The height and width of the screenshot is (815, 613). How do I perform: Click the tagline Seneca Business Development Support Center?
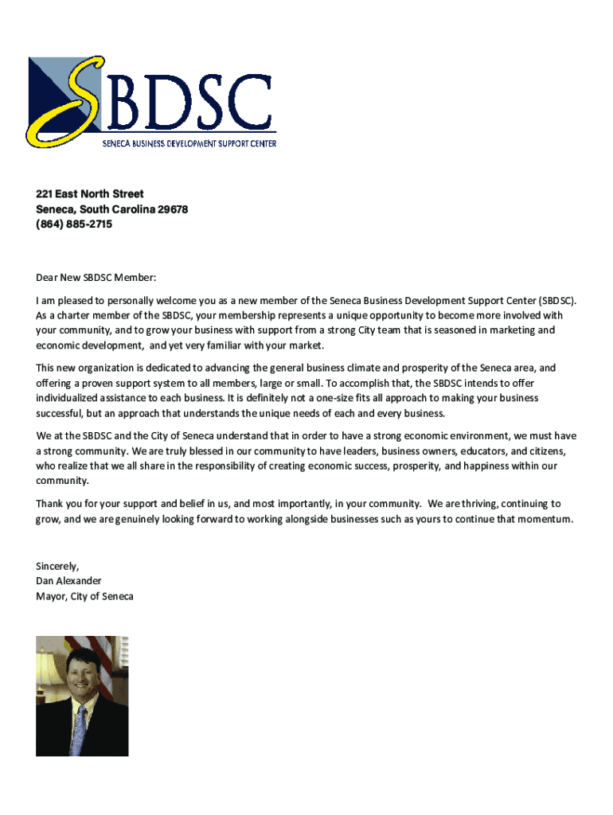189,143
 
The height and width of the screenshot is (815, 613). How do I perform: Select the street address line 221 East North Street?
89,193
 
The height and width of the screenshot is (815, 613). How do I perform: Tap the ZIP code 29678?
173,209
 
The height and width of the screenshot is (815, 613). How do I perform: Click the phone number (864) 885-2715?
74,224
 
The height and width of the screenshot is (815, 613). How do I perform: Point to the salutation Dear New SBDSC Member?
96,278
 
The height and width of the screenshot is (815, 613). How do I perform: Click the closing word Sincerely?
57,566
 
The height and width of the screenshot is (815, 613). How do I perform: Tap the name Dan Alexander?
68,581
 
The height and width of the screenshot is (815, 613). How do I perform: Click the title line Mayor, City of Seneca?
84,596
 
